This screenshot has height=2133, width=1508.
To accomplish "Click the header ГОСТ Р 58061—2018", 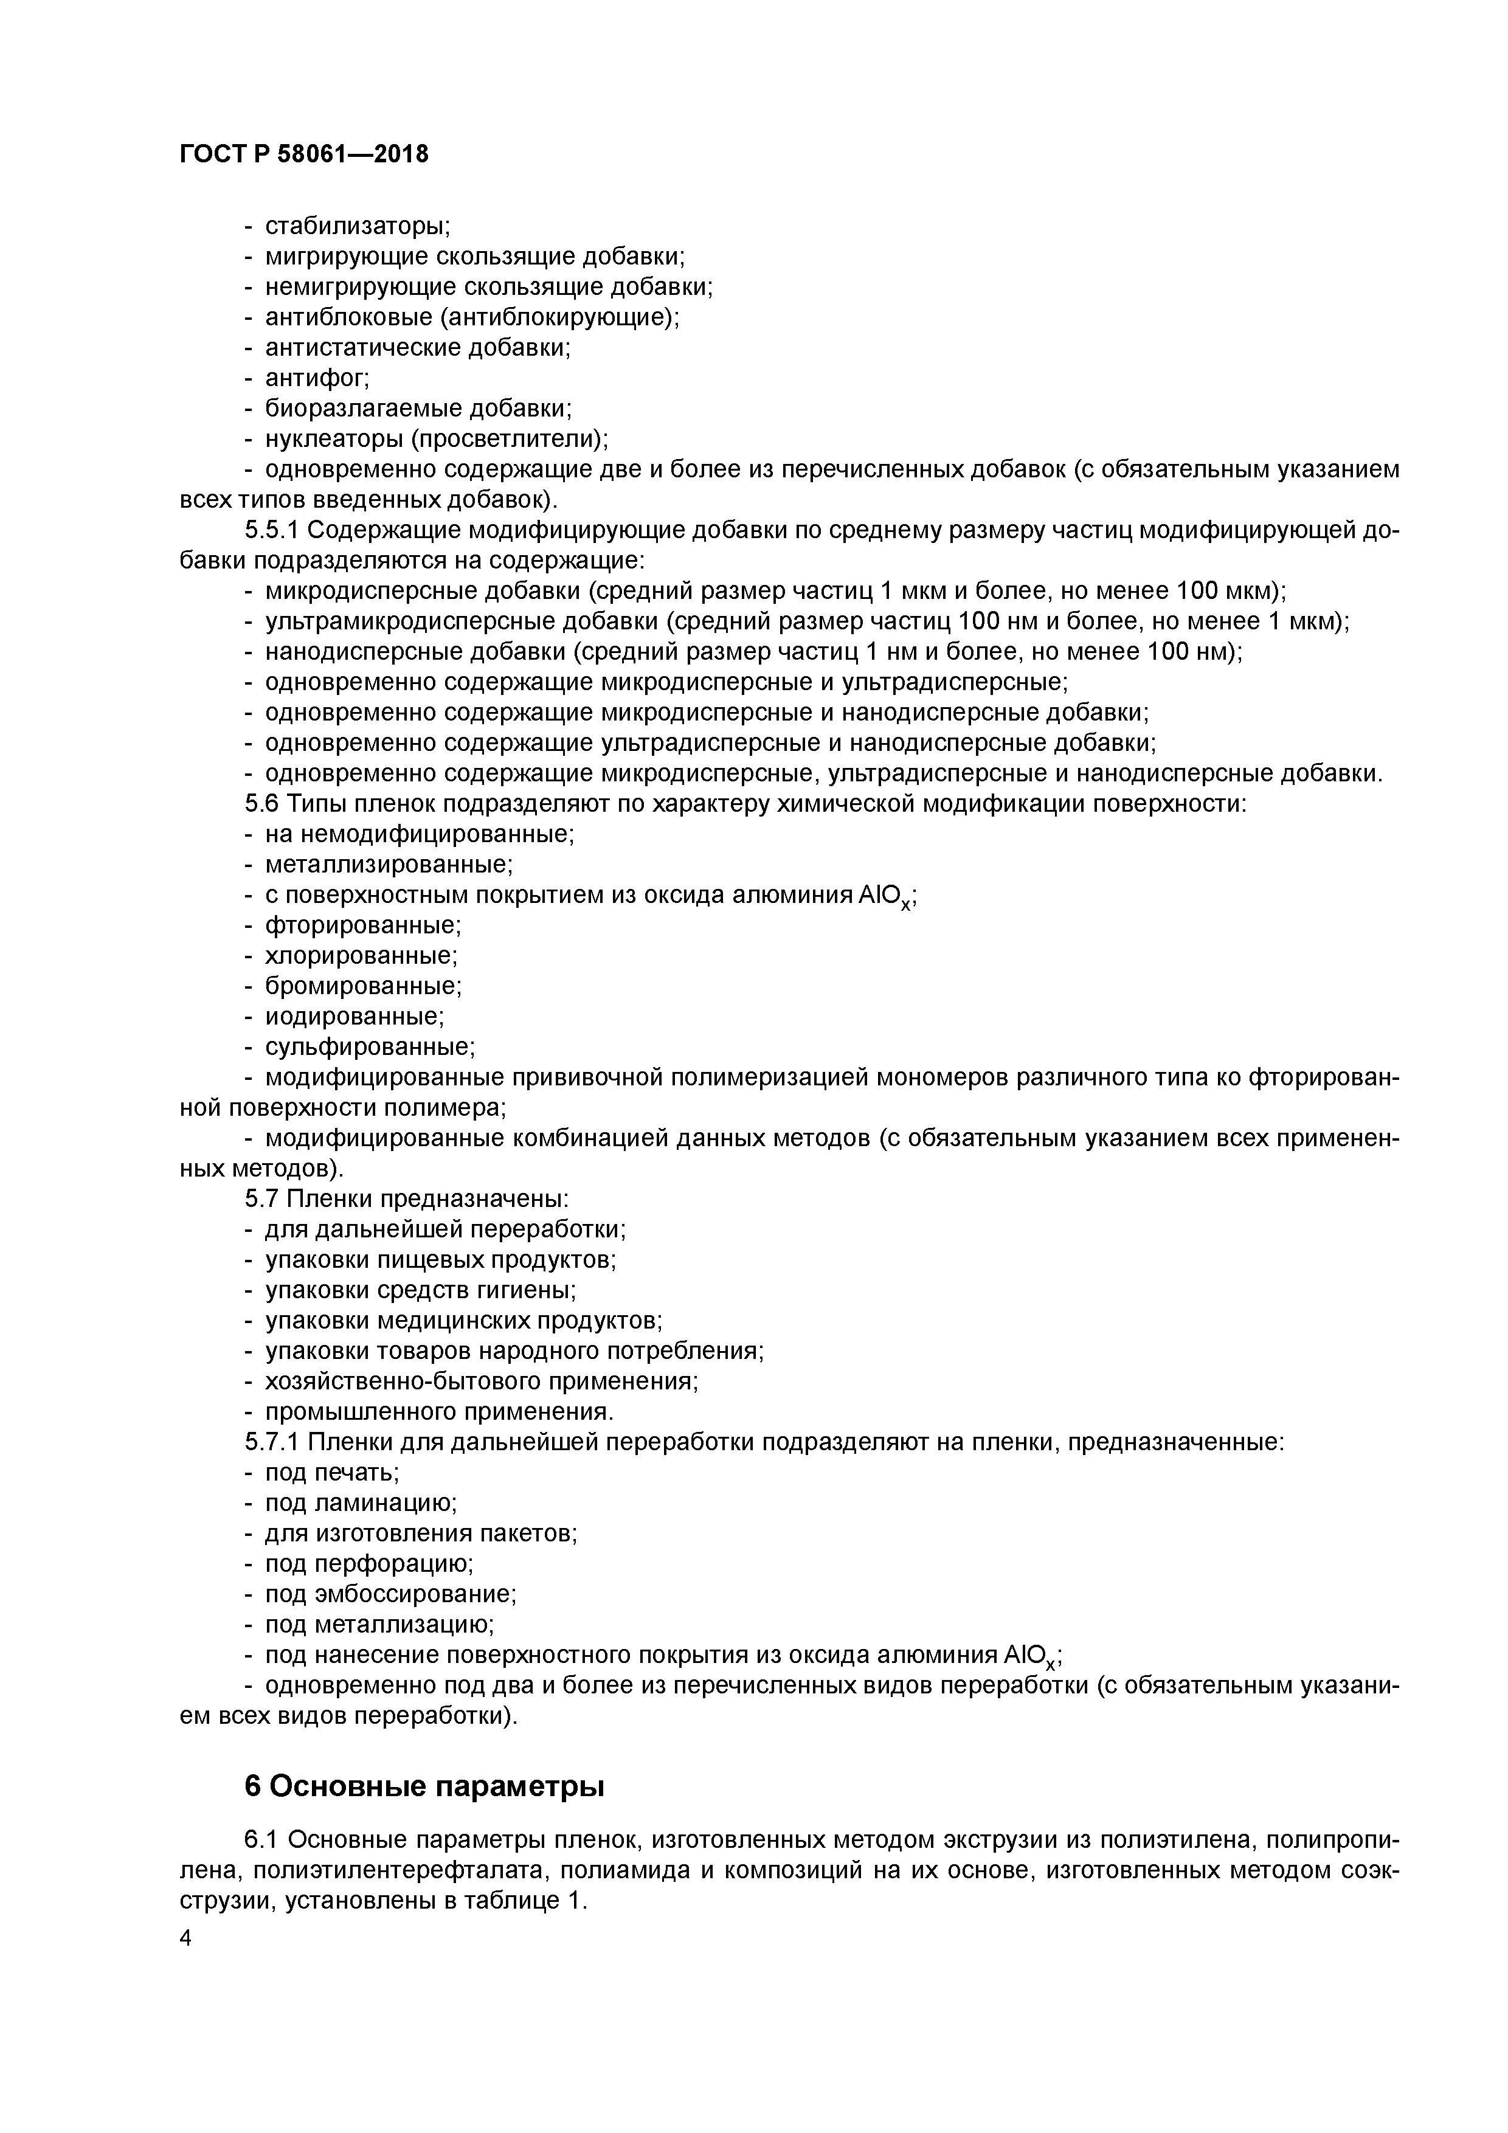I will click(304, 154).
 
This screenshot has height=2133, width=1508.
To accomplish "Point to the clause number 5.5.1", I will click(272, 530).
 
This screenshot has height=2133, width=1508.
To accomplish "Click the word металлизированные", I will click(389, 865).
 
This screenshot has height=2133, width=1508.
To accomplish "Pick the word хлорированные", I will click(361, 956).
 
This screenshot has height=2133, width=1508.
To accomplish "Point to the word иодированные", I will click(354, 1016).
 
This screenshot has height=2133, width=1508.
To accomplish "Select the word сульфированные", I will click(369, 1047).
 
